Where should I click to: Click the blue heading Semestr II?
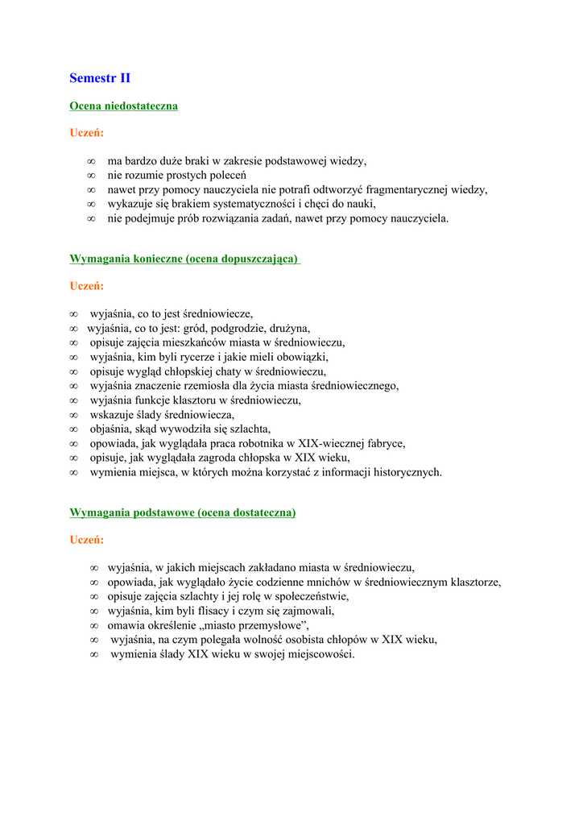coord(100,78)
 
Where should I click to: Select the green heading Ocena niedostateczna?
coord(123,106)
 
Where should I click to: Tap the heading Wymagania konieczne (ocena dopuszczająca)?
coord(184,259)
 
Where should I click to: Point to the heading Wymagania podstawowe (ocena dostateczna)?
coord(183,512)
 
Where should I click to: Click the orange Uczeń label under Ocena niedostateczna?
coord(86,133)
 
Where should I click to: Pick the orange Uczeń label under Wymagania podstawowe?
coord(86,540)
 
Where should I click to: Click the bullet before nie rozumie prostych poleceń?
coord(91,175)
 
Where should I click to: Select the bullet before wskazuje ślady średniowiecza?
coord(73,415)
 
